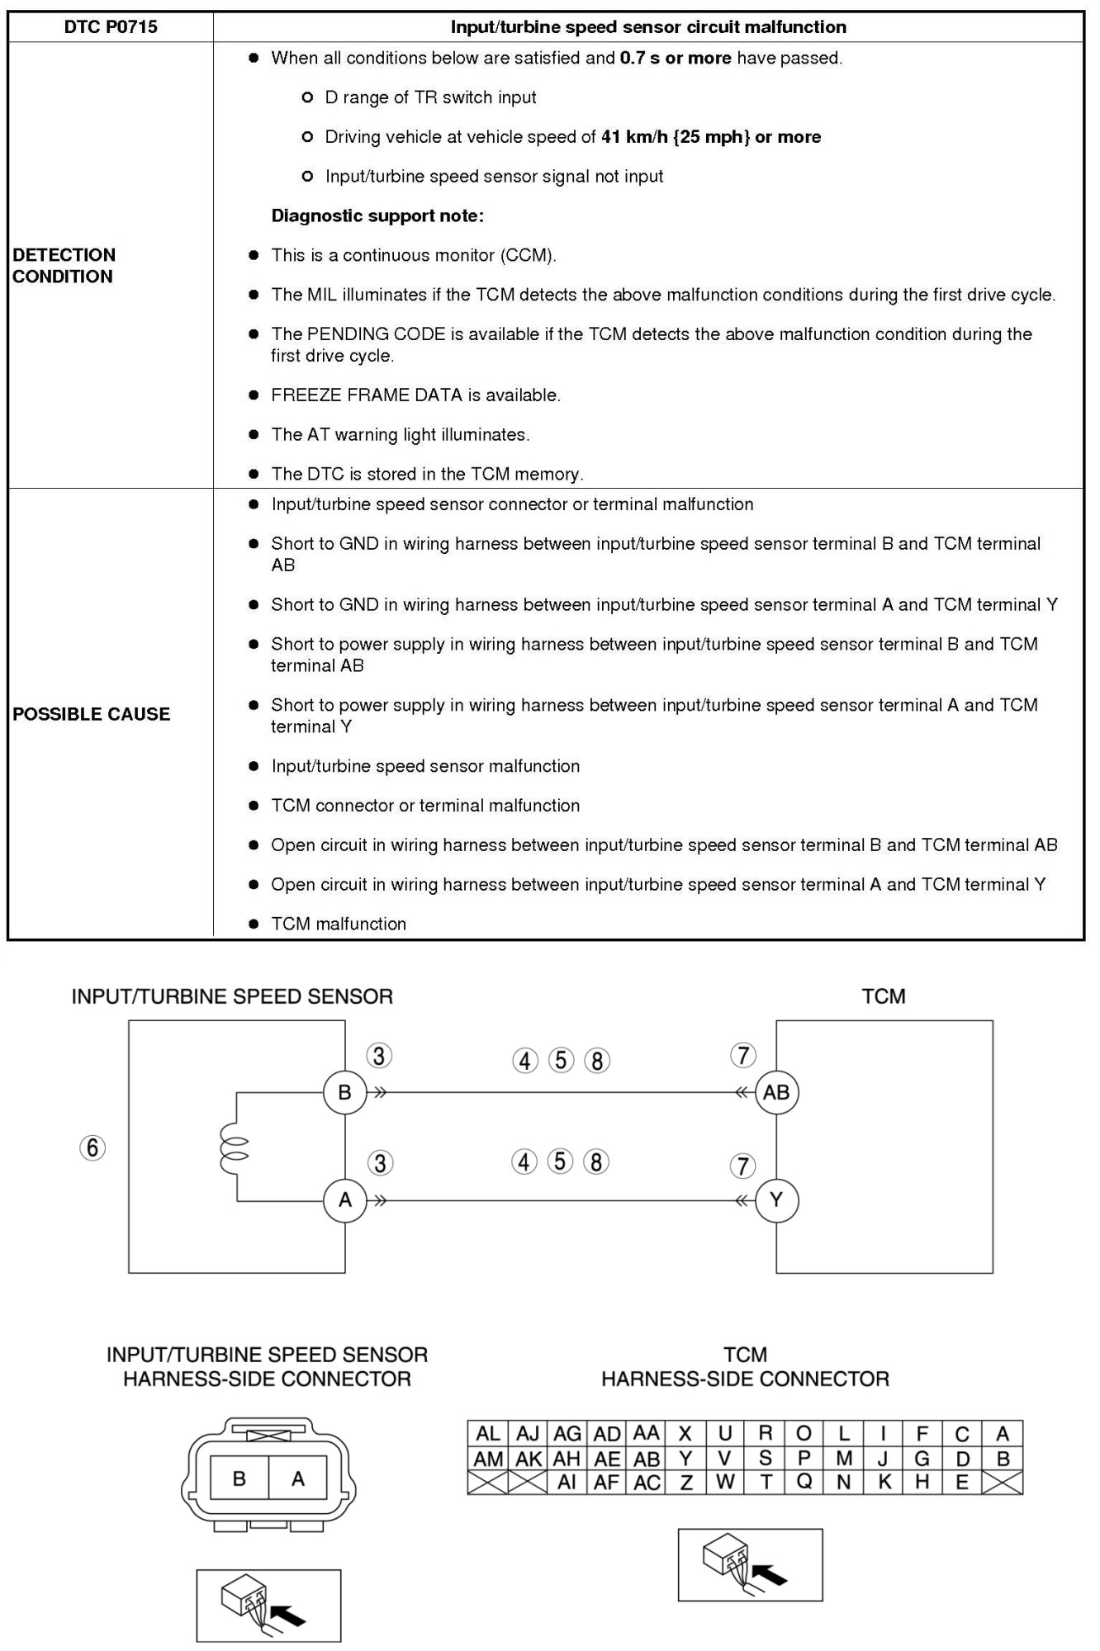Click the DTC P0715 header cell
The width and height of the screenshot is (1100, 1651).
point(111,27)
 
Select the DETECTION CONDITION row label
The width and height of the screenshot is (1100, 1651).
point(64,265)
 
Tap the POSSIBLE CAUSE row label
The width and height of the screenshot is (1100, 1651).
point(91,714)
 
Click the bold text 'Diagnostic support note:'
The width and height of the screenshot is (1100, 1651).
point(377,216)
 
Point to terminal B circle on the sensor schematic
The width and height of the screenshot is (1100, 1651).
point(344,1092)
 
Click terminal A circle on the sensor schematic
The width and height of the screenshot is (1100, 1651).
point(344,1199)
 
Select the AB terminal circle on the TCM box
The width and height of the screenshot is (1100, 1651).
point(776,1092)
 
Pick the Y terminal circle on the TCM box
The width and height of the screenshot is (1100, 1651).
point(776,1199)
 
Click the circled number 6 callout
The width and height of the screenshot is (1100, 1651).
point(92,1147)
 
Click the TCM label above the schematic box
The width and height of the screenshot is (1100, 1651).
point(883,996)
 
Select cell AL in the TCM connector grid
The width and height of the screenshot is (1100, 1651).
point(488,1434)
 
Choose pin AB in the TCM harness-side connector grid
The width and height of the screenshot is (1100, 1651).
point(647,1459)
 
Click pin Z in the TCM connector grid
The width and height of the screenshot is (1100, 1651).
point(685,1483)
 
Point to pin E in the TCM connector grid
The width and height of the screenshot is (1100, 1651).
point(962,1483)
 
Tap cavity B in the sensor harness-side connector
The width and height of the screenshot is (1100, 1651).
point(239,1478)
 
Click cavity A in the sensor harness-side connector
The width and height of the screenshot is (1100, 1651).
point(298,1478)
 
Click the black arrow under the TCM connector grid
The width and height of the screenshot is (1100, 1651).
point(771,1575)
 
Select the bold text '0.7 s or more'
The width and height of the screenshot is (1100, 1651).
point(675,59)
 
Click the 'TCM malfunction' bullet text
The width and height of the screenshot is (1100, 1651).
point(339,925)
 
